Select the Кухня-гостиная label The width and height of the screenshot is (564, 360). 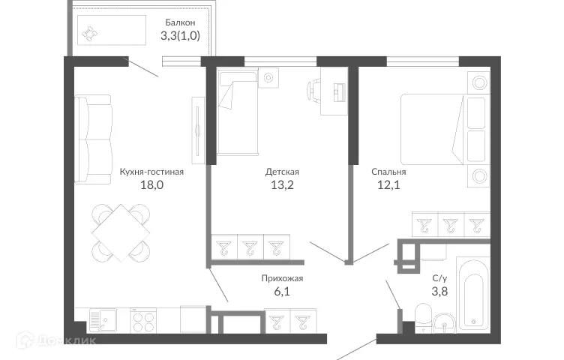click(151, 171)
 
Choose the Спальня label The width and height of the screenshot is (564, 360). click(388, 171)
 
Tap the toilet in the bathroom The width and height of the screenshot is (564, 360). click(423, 316)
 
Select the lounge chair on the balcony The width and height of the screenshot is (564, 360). click(91, 34)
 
